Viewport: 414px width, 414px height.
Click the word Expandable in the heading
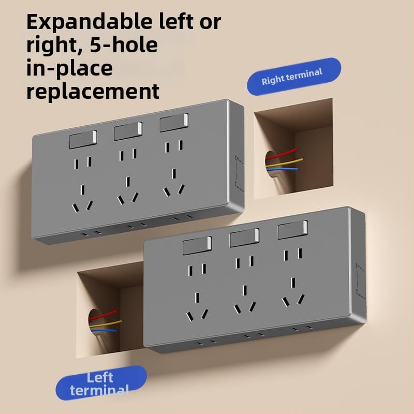(89, 22)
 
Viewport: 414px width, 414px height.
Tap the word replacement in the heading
(93, 92)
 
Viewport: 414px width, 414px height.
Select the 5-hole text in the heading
(124, 45)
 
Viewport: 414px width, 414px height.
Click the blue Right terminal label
(294, 76)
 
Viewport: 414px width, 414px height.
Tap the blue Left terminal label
(101, 383)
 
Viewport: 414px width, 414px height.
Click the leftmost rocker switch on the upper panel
(83, 139)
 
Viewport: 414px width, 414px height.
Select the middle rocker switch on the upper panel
(128, 131)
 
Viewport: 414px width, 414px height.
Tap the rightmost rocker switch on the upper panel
(174, 123)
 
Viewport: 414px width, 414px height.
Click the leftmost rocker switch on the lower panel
(197, 245)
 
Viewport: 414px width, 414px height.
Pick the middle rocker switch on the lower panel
(244, 238)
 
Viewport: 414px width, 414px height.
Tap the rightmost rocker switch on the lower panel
(293, 230)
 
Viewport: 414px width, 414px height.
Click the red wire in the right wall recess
(282, 154)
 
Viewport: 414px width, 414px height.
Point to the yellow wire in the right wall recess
(285, 162)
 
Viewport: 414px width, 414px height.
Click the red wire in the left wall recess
(103, 315)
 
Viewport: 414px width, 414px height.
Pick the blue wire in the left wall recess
(103, 330)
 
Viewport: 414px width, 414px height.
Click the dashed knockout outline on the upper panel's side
(239, 173)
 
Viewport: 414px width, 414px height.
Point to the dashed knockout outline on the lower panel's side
(361, 282)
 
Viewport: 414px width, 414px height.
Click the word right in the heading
(51, 46)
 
